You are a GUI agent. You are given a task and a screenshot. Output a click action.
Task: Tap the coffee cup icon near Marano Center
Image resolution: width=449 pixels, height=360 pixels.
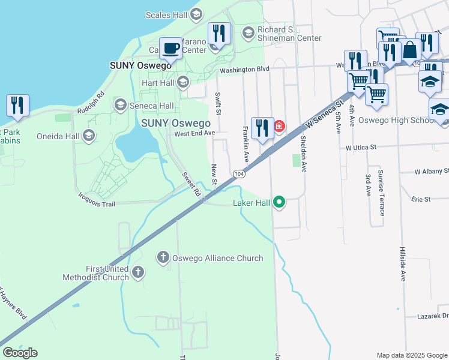[x=171, y=47]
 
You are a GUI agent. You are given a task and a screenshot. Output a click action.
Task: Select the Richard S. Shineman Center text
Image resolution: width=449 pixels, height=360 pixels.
[x=289, y=34]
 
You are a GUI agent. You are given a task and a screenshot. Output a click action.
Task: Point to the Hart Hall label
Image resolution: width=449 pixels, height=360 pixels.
[x=157, y=83]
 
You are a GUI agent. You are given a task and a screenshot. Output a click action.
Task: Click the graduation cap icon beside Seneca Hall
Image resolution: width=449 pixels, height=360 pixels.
[x=120, y=106]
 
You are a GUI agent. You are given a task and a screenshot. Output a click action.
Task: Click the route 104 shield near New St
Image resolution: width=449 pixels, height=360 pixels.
[x=239, y=173]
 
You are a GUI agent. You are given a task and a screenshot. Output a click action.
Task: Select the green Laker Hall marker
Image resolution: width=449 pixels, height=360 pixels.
[x=279, y=203]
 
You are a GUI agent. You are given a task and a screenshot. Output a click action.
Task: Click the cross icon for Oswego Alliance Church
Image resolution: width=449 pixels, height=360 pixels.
[x=163, y=258]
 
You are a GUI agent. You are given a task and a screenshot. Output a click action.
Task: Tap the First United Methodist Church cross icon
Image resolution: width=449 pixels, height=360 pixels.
[x=138, y=273]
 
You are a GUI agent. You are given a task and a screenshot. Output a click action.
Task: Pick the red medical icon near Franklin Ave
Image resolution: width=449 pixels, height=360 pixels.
[x=279, y=126]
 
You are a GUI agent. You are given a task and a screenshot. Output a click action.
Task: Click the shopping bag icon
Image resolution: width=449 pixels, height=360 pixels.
[x=411, y=50]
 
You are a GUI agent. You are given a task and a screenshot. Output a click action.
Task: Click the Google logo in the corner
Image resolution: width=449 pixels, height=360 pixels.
[x=20, y=353]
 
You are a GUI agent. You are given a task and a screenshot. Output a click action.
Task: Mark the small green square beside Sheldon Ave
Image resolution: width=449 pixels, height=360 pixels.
[x=295, y=161]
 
